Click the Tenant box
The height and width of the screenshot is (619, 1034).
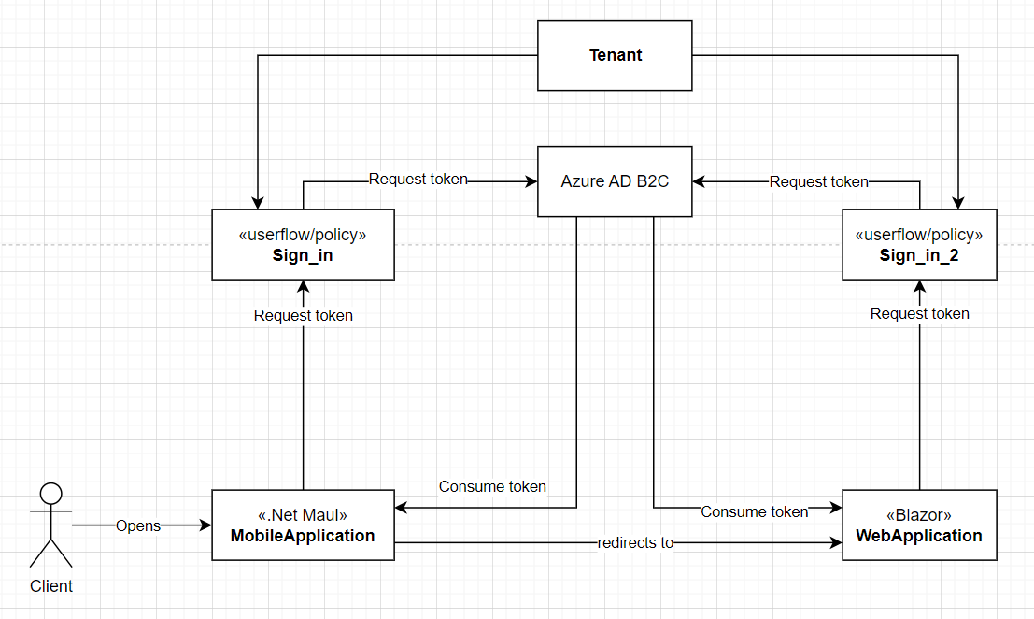click(615, 55)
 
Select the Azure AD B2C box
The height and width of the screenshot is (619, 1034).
click(615, 181)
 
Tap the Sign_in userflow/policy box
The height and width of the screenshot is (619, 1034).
click(303, 245)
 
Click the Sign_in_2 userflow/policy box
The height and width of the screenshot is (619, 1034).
click(919, 245)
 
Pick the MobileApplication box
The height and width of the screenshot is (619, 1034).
click(303, 525)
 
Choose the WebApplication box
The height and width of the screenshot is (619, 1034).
click(919, 525)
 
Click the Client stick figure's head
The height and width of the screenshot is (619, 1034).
click(50, 494)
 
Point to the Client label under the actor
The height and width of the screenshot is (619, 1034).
click(51, 586)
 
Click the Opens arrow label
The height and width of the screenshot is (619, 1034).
click(138, 525)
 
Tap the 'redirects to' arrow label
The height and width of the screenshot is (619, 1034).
click(635, 542)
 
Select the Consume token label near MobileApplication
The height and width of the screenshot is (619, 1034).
click(492, 486)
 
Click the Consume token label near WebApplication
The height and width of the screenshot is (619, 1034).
click(754, 511)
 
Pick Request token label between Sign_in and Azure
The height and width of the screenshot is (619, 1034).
click(418, 179)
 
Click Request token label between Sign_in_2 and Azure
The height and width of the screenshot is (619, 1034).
click(818, 181)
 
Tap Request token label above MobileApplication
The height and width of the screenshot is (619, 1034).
click(304, 315)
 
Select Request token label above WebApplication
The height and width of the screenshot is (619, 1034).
click(919, 313)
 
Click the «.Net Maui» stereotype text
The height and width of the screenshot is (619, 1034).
click(303, 515)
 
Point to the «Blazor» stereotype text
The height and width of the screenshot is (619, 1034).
click(919, 515)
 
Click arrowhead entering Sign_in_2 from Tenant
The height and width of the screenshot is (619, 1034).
click(957, 203)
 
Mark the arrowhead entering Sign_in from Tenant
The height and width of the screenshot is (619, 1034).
click(257, 203)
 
